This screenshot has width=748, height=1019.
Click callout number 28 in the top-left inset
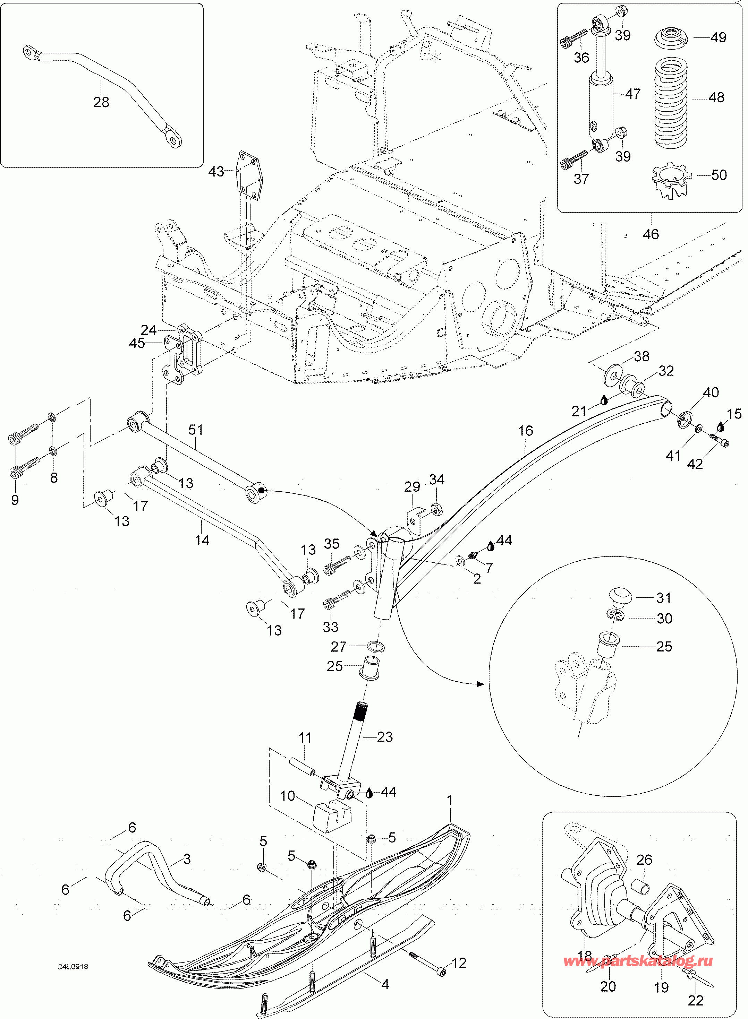[101, 102]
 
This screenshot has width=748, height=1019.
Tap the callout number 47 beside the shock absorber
[633, 94]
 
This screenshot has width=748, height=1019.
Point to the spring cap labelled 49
[672, 37]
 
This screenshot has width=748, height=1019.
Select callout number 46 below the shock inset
[651, 234]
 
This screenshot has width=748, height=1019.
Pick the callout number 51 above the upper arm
[196, 430]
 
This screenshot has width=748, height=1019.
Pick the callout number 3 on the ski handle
[187, 859]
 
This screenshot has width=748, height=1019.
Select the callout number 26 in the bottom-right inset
[644, 860]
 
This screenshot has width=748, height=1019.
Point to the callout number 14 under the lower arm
[202, 540]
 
